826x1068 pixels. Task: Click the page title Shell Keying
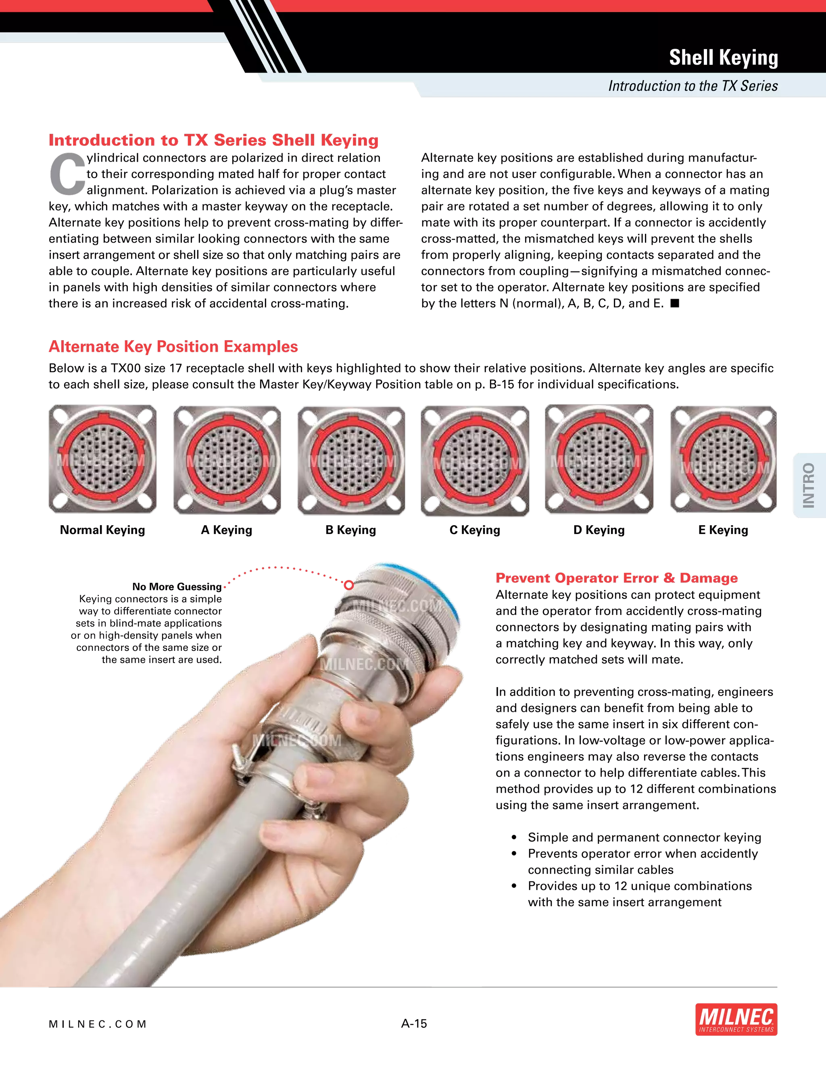[x=723, y=58]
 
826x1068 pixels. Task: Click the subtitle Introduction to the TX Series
[x=693, y=86]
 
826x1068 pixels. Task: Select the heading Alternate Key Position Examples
[x=173, y=347]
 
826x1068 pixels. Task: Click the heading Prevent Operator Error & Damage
[x=617, y=578]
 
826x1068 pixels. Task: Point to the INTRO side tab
[x=808, y=485]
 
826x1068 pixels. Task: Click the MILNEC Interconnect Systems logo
[x=736, y=1020]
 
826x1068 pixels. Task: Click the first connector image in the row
[x=103, y=459]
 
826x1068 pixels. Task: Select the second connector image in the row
[x=227, y=459]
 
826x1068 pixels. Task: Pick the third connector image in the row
[x=351, y=459]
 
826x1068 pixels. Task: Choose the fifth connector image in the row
[x=599, y=459]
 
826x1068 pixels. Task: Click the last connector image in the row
[x=723, y=459]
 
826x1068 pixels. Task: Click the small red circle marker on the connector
[x=349, y=585]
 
